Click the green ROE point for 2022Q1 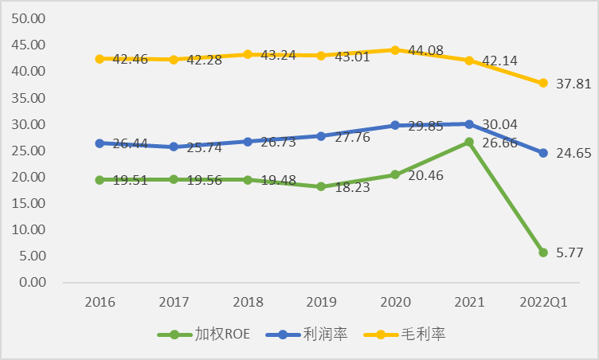(542, 252)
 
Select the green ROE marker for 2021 (469, 142)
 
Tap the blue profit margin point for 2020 (395, 125)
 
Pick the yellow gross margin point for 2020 (395, 49)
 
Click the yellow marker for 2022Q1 (542, 83)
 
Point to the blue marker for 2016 (100, 143)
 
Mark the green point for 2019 (321, 186)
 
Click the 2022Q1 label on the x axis (542, 303)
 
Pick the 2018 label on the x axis (247, 303)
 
